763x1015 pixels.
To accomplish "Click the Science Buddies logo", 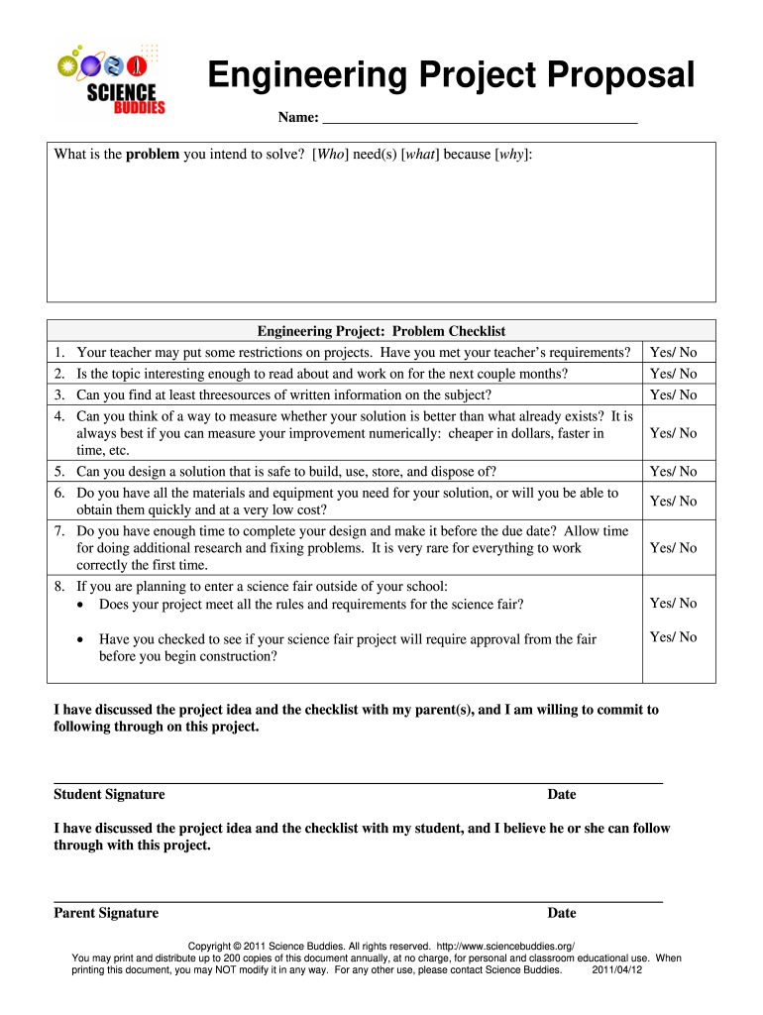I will click(x=111, y=78).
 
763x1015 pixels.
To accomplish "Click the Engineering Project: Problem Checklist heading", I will click(x=381, y=331).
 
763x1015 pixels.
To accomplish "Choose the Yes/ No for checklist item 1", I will click(x=673, y=353).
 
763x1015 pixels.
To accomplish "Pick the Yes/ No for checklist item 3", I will click(x=673, y=395).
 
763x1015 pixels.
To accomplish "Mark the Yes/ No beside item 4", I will click(x=673, y=433).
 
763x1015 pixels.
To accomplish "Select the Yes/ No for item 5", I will click(x=673, y=472).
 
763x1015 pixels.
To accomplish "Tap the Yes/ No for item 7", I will click(x=673, y=548).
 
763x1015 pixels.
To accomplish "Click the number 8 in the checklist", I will click(x=59, y=586).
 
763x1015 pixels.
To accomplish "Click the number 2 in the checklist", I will click(x=59, y=374).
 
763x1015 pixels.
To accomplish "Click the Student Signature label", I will click(x=109, y=795).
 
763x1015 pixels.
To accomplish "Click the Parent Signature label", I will click(x=106, y=914).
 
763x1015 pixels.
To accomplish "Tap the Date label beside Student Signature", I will click(x=562, y=795).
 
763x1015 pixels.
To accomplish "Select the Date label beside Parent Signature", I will click(x=562, y=914).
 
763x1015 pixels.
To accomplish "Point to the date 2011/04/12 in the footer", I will click(x=617, y=970).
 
